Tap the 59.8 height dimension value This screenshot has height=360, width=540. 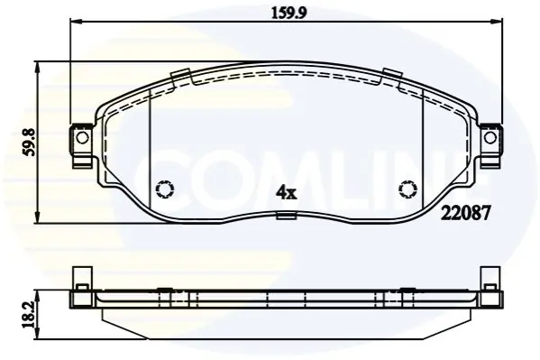pos(31,142)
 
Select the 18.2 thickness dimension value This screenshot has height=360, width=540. pos(31,314)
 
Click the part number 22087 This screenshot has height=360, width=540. pos(465,214)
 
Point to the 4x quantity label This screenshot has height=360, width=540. pos(286,193)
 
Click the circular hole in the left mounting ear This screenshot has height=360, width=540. pos(82,137)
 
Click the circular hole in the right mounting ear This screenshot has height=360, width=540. pos(490,138)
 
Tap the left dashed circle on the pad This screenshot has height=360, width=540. pos(165,189)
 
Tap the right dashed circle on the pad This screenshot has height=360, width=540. pos(408,189)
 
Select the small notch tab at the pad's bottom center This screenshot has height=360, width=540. pos(287,216)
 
